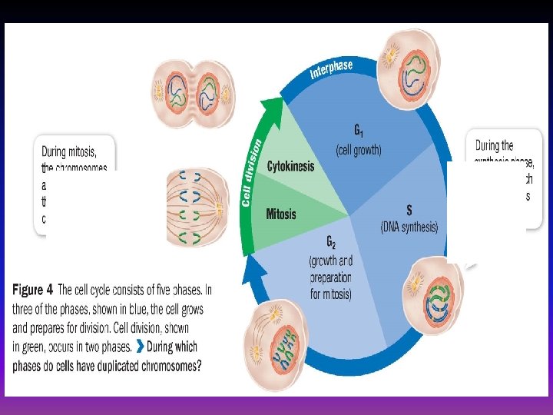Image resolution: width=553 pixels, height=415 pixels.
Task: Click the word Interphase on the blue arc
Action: (331, 69)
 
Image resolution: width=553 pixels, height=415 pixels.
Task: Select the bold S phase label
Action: (409, 210)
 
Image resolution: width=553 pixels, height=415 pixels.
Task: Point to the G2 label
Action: (329, 244)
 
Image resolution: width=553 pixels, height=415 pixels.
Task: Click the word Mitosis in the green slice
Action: (280, 214)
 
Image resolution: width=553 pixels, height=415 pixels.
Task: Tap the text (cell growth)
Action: (358, 150)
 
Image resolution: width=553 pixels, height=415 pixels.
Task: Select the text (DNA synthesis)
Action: (409, 227)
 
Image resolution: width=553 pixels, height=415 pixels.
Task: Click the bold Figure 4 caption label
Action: (34, 290)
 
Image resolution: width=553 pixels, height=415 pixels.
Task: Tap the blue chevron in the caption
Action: (138, 346)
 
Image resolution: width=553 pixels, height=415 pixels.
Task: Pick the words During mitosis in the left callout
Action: (73, 151)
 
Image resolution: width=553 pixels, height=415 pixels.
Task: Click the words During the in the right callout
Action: (494, 145)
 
